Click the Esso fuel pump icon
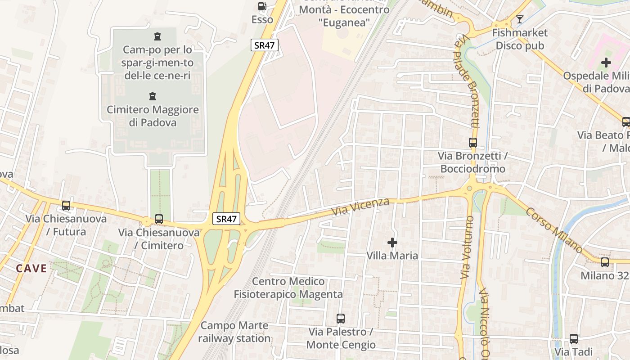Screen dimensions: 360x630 coord(262,6)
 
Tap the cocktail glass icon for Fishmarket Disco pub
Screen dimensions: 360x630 coord(520,19)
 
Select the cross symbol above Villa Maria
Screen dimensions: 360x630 coord(392,243)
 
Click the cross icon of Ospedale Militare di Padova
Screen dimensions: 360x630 coord(606,63)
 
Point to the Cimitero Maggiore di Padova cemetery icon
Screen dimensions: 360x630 coord(153,96)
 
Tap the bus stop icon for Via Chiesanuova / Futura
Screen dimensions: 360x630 coord(66,206)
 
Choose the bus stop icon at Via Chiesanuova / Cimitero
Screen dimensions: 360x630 coord(159,219)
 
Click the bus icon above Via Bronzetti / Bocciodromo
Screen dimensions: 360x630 coord(473,143)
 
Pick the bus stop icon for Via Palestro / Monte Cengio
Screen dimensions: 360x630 coord(341,319)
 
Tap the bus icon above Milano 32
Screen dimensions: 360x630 coord(605,262)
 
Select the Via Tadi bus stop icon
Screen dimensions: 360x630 coord(574,339)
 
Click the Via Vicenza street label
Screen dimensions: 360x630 coord(360,206)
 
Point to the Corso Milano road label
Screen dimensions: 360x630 coord(554,230)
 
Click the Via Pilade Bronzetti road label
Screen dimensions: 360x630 coord(468,85)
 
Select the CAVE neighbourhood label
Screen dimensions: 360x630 coord(31,269)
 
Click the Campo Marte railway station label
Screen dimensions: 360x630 coord(234,332)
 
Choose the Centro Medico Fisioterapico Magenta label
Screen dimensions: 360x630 coord(288,288)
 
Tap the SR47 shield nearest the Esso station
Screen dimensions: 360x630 coord(265,45)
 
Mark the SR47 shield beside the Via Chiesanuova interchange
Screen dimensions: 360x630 coord(226,219)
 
